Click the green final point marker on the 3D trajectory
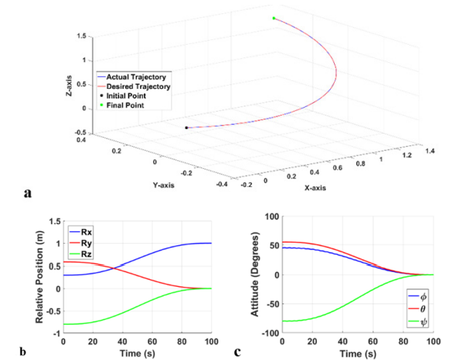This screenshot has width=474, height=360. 274,18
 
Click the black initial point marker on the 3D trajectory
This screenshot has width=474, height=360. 186,127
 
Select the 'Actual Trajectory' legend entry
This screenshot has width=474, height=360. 135,76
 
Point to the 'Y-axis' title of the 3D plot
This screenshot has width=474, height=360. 164,186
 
